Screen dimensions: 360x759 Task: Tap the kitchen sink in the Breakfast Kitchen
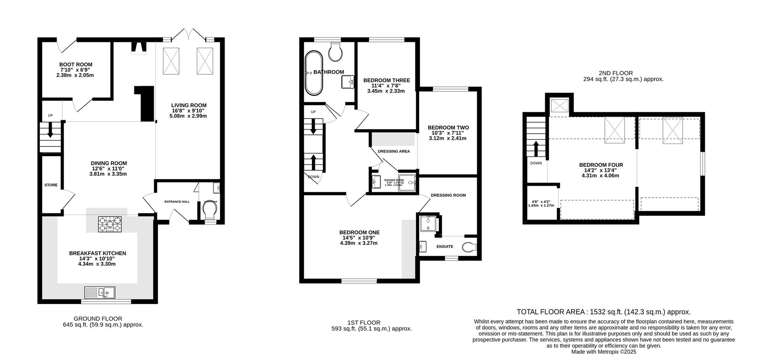click(x=100, y=292)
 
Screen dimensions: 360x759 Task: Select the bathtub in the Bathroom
click(x=314, y=73)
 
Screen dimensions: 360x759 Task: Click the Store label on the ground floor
click(x=51, y=185)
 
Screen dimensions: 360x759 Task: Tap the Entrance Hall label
click(x=177, y=202)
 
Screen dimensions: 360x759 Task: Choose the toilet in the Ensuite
click(x=470, y=247)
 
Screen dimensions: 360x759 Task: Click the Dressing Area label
click(x=394, y=151)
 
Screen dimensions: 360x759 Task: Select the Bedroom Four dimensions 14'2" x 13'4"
click(x=601, y=170)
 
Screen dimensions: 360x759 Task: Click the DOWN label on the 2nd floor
click(x=536, y=163)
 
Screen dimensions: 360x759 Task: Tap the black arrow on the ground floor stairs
click(x=50, y=130)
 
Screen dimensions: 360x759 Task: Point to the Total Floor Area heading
click(x=604, y=312)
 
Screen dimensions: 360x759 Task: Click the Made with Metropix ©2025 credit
click(x=604, y=351)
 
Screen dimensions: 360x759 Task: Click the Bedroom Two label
click(x=448, y=128)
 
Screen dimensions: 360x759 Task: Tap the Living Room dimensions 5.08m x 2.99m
click(x=188, y=116)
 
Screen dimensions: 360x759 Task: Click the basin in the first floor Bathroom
click(x=348, y=82)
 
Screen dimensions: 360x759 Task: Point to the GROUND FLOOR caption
click(x=98, y=319)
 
